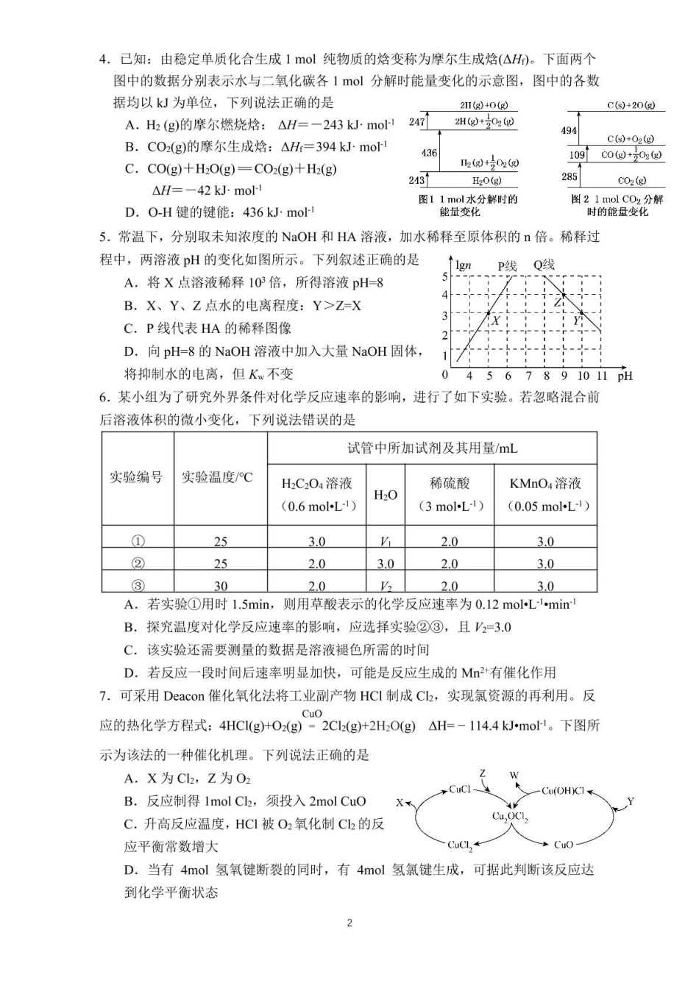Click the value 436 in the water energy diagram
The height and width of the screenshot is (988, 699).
(429, 153)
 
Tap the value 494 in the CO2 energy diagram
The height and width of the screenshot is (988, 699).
(569, 130)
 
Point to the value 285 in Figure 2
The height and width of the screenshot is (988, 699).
(570, 176)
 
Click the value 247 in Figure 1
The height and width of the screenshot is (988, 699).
(417, 122)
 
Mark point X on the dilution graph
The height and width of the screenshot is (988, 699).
(489, 315)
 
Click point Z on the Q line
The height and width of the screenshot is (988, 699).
(563, 296)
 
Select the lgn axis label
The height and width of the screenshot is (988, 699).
(464, 265)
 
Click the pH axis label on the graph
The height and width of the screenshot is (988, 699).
(625, 376)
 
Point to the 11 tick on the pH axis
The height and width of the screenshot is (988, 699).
(602, 376)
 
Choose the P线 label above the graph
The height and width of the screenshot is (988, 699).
(507, 265)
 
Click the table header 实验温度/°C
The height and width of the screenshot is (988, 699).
(217, 478)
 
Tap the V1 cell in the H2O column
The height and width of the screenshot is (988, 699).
(386, 542)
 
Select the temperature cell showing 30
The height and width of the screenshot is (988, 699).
(220, 586)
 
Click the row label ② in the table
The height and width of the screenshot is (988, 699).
(138, 564)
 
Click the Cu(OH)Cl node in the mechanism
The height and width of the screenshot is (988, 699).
(562, 791)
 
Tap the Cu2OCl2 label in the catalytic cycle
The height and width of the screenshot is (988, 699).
(510, 817)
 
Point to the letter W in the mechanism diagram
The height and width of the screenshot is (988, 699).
(514, 775)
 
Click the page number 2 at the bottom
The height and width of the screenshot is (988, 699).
(349, 923)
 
